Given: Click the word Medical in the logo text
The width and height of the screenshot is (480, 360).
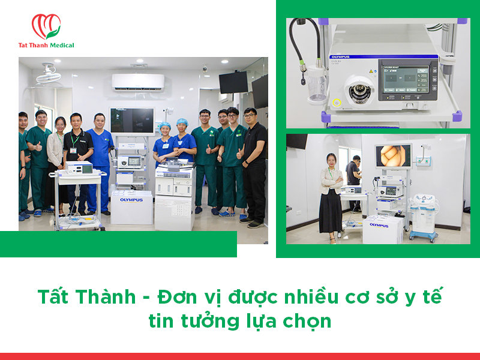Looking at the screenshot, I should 62,45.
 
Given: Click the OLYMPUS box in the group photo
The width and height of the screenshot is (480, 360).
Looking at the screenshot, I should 131,206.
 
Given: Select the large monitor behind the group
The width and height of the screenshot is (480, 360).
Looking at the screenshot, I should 131,120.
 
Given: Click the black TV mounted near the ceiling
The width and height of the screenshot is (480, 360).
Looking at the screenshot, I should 233,82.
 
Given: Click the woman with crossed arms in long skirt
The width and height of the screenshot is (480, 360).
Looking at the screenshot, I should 330,195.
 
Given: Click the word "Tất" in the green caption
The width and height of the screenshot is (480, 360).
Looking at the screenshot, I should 53,296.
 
